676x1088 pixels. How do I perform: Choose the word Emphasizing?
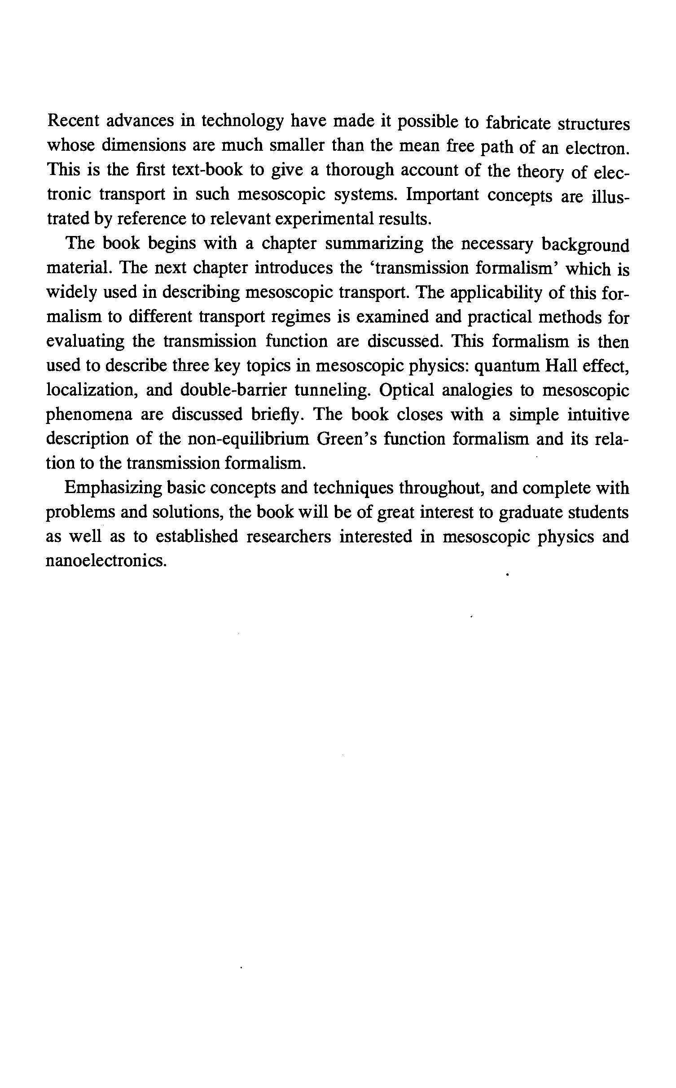pyautogui.click(x=113, y=488)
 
